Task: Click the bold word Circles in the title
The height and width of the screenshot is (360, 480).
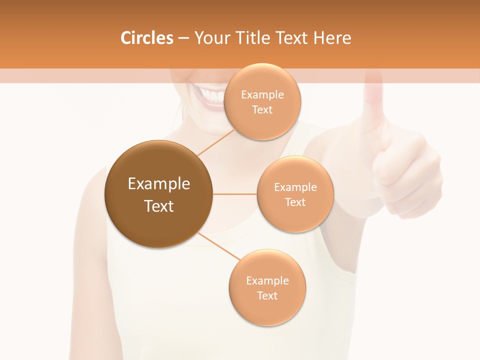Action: (x=146, y=38)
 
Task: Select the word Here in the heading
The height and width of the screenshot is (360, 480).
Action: (x=332, y=38)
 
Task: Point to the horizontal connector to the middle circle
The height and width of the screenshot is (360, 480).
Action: (x=235, y=194)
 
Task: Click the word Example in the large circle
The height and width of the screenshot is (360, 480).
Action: (x=159, y=184)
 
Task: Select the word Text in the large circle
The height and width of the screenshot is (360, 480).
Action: (x=159, y=206)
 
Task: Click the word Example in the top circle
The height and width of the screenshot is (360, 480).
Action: (x=262, y=95)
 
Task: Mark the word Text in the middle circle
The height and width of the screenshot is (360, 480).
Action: (x=295, y=202)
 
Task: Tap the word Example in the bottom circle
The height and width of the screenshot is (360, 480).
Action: (x=267, y=281)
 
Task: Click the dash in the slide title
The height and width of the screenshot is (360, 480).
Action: (x=183, y=38)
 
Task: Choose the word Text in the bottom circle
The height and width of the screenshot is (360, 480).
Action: (x=267, y=296)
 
